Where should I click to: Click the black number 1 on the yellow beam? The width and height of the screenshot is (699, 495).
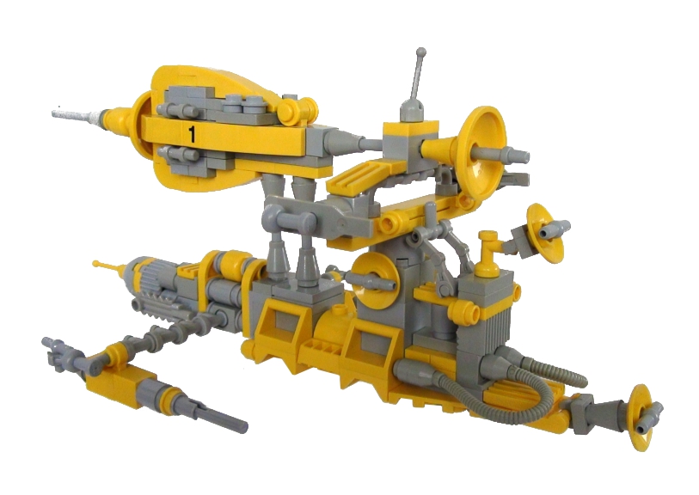click(192, 134)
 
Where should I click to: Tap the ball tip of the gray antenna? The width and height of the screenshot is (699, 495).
click(420, 52)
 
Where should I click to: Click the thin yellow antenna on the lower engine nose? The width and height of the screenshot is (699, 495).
click(109, 267)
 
